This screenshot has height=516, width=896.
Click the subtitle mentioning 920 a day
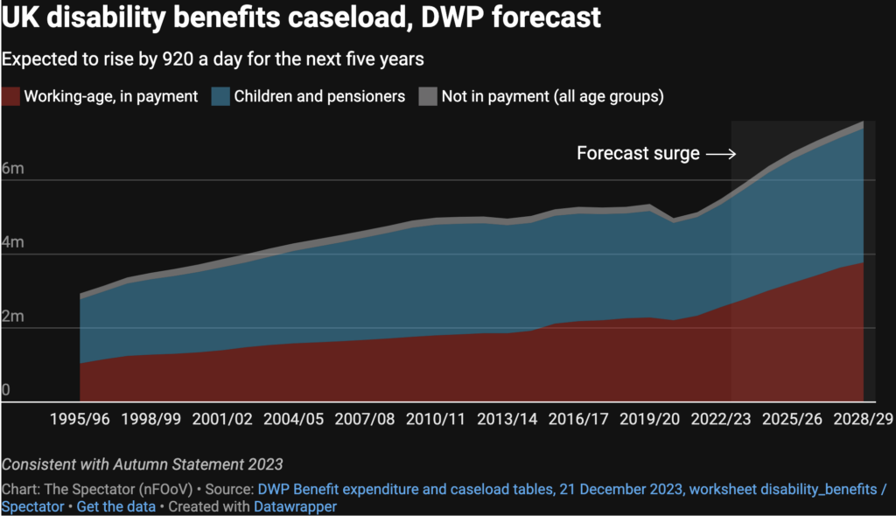coord(213,59)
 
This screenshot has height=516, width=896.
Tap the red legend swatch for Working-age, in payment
coord(10,96)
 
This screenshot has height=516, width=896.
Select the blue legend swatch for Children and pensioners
coord(220,96)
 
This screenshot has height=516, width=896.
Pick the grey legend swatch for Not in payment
coord(428,96)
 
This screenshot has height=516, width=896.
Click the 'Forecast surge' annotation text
coord(638,154)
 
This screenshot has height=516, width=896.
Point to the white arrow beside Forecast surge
coord(721,154)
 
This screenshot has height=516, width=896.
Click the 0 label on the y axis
coord(6,391)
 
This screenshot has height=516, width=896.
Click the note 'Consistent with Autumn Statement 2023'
coord(143,464)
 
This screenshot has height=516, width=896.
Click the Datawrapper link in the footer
coord(296,506)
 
